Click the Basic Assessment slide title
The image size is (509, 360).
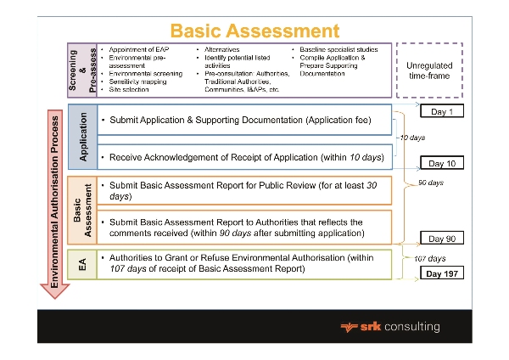(255, 31)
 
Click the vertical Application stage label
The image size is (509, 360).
(83, 136)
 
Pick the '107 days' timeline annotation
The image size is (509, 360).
(429, 258)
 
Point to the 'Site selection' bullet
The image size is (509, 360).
(127, 88)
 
